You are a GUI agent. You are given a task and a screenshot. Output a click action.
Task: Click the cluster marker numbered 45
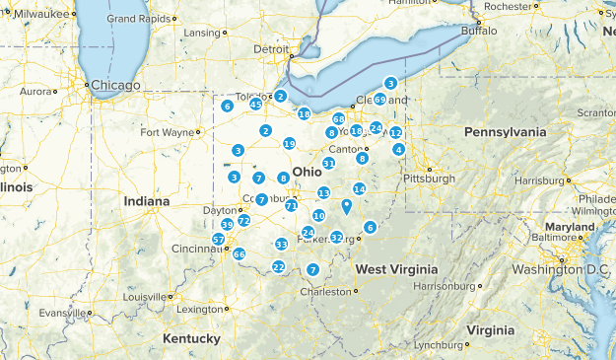(255, 105)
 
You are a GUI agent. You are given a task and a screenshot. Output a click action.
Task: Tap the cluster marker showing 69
(380, 100)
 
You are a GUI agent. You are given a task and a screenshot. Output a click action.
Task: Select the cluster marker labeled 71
(291, 206)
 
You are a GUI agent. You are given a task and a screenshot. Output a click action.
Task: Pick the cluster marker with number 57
(219, 240)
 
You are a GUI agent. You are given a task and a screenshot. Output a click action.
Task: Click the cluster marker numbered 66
(239, 253)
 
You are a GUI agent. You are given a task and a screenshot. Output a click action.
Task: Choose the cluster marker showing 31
(328, 163)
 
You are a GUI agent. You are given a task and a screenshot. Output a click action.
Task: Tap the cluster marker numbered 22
(279, 267)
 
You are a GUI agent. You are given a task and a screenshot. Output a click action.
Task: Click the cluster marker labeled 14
(360, 188)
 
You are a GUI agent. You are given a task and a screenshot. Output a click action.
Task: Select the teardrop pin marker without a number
(346, 206)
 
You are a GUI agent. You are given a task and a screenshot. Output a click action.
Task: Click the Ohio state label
(307, 171)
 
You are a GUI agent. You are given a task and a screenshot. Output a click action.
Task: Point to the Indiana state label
(147, 201)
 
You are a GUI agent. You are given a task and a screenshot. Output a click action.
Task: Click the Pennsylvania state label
(505, 131)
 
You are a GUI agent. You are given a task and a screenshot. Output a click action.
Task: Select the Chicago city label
(116, 86)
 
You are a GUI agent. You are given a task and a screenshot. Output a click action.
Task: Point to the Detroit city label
(271, 48)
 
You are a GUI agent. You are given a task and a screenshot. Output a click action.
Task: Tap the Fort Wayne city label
(167, 132)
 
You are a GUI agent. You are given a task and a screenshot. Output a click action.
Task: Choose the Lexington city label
(200, 309)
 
